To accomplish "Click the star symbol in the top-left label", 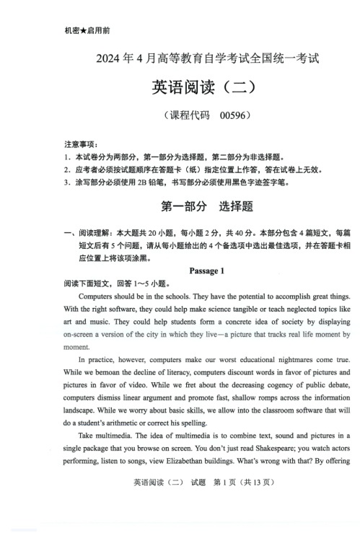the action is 83,32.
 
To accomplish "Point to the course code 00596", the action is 234,115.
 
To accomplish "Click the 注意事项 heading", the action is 81,145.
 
